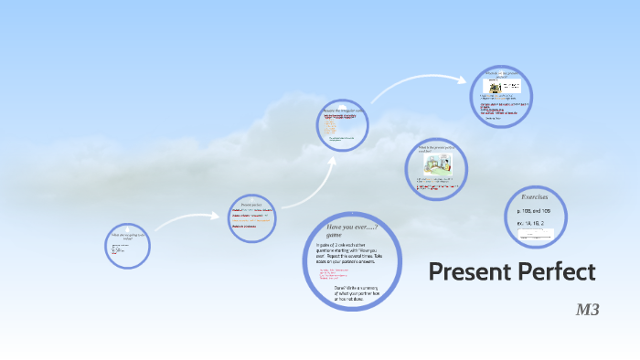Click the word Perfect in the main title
click(555, 271)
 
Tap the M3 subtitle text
click(586, 311)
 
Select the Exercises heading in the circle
click(535, 196)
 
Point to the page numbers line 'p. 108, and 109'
click(534, 210)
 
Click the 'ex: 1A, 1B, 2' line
click(529, 222)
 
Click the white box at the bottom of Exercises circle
click(535, 236)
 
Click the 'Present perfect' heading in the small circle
click(251, 204)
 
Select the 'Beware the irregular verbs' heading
click(342, 111)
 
